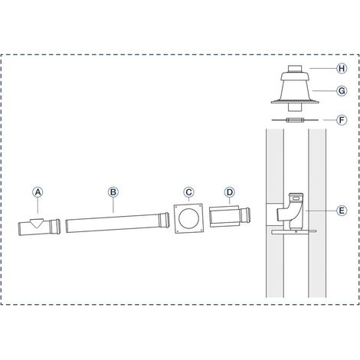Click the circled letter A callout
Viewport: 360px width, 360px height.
tap(38, 192)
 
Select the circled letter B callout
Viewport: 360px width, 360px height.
tap(113, 192)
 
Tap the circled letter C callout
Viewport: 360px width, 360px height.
tap(188, 192)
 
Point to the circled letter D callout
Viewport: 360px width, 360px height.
tap(230, 192)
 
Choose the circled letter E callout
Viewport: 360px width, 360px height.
tap(342, 211)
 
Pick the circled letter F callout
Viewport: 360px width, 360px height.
tap(342, 119)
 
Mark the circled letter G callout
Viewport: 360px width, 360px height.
tap(342, 90)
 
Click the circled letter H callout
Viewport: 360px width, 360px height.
tap(342, 68)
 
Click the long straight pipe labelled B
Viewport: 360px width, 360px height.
tap(117, 223)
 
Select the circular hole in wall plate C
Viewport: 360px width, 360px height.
tap(188, 218)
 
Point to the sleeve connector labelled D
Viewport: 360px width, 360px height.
tap(229, 216)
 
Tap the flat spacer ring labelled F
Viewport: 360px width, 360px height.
tap(295, 119)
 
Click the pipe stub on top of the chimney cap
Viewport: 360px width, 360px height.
tap(295, 69)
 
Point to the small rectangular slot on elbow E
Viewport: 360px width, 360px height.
tap(296, 198)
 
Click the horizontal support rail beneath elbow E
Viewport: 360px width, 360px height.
tap(294, 232)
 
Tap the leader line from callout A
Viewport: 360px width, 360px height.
tap(38, 205)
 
